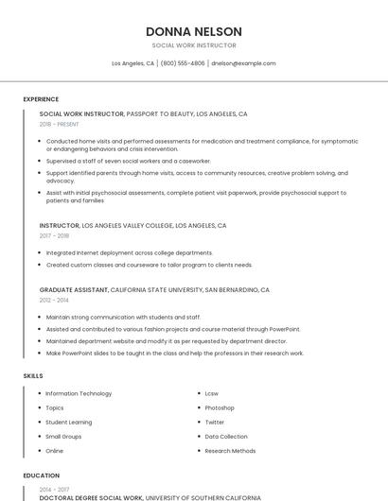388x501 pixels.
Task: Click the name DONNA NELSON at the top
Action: [x=194, y=32]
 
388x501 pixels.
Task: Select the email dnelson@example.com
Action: [x=243, y=63]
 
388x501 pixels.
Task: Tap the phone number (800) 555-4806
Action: [x=183, y=63]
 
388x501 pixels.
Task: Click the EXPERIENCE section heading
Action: [x=41, y=99]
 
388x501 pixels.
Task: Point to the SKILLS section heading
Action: [x=33, y=375]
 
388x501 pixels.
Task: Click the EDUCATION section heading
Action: [x=41, y=475]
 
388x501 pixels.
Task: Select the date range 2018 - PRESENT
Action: [x=60, y=124]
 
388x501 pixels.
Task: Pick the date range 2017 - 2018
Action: [x=54, y=236]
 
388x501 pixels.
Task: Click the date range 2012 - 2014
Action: [x=54, y=300]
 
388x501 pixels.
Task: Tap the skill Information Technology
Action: [x=79, y=393]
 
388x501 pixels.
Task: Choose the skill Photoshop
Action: [x=220, y=407]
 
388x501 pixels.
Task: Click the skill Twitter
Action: [x=215, y=422]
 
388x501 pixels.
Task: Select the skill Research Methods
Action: [x=230, y=451]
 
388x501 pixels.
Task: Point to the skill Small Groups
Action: [x=63, y=437]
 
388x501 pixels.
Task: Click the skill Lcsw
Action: [x=212, y=393]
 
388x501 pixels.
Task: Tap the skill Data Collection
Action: [x=226, y=437]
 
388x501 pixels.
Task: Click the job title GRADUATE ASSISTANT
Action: [x=74, y=289]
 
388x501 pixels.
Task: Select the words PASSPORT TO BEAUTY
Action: [x=159, y=113]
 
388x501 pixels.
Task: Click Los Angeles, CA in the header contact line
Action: [x=132, y=63]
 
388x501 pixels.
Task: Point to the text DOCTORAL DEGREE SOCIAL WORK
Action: [x=92, y=497]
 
